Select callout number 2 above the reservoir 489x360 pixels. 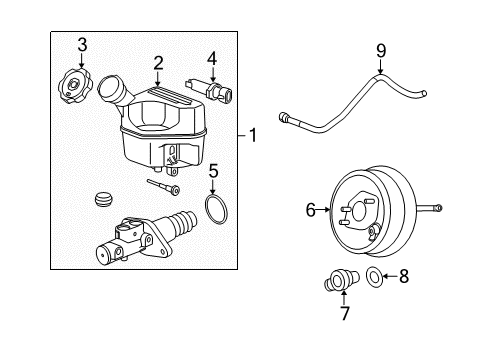[x=158, y=63]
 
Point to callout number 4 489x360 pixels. [x=211, y=57]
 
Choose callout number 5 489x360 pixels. [x=213, y=171]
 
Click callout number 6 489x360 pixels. [x=310, y=208]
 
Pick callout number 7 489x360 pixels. [x=344, y=314]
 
